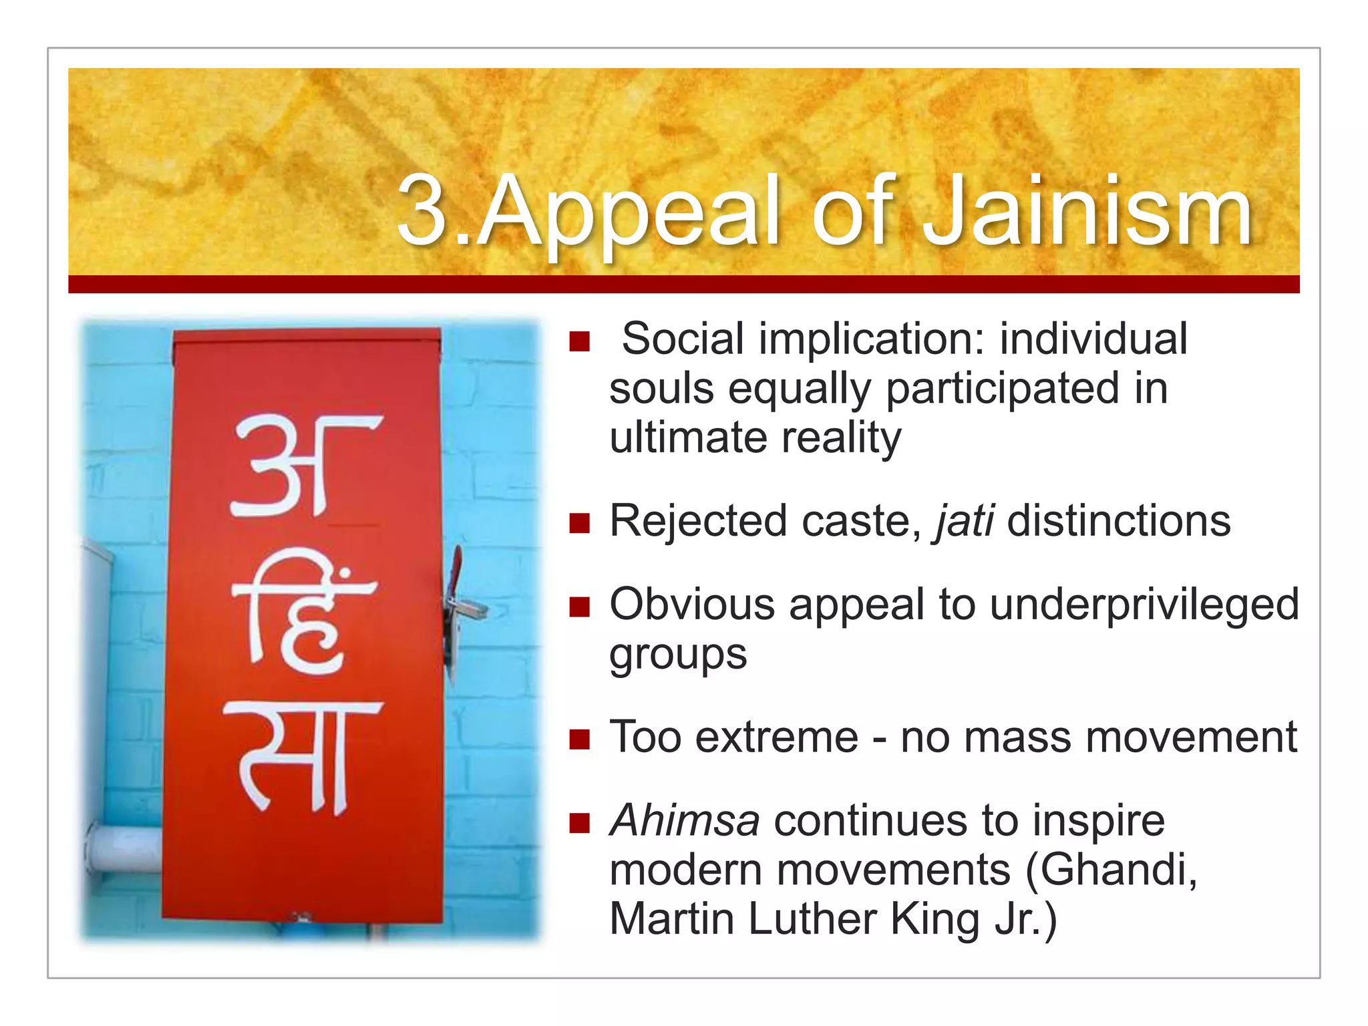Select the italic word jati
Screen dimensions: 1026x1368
point(965,521)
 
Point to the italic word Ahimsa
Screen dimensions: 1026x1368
point(685,820)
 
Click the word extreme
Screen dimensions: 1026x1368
point(777,738)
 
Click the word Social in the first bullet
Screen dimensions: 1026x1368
point(683,339)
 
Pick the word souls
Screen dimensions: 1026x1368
point(661,389)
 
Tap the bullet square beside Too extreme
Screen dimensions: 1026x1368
point(579,739)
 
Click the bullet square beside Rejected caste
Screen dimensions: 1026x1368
point(579,523)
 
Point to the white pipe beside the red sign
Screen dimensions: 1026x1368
point(124,848)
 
